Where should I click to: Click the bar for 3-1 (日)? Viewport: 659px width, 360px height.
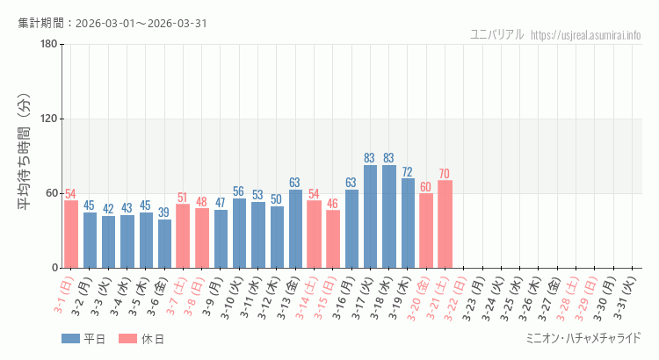[71, 234]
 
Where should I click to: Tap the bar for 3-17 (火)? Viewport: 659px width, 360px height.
[371, 216]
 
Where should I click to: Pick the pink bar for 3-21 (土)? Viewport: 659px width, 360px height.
[445, 224]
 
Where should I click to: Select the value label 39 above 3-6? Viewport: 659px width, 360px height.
[165, 212]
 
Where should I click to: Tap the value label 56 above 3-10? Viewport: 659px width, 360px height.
[240, 191]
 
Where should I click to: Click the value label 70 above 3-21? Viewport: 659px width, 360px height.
[445, 174]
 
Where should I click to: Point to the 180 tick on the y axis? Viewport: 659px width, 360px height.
[49, 45]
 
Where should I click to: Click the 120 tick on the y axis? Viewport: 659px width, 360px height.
[49, 119]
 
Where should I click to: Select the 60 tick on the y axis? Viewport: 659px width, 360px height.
[52, 193]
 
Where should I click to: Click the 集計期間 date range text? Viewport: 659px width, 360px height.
[112, 23]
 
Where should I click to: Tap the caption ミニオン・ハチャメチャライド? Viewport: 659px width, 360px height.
[583, 338]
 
